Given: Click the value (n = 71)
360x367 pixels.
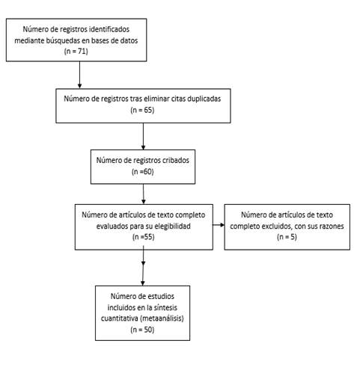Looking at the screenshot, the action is (76, 52).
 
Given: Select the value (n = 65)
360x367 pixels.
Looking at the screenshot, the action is (142, 110).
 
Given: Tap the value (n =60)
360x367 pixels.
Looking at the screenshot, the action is (142, 172).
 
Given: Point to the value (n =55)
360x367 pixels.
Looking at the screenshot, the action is (144, 237).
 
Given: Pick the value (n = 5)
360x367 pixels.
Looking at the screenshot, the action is (287, 237).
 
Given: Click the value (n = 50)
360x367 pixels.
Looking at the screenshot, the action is (142, 330).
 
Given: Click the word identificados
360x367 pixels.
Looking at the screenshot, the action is (109, 29).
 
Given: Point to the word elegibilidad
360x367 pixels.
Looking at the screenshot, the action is (172, 226).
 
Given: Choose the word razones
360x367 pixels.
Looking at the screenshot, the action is (333, 226).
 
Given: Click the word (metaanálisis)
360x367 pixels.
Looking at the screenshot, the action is (162, 318).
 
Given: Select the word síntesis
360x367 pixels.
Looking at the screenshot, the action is (165, 307).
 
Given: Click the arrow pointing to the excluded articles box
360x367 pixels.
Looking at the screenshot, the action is (219, 225).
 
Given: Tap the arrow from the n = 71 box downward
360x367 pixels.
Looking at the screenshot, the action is (79, 75).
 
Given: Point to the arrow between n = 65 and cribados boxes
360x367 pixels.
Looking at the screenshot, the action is (143, 136).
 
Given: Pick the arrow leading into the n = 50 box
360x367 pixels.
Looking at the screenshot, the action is (143, 265).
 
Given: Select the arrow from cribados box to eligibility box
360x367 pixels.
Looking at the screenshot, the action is (144, 194).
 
